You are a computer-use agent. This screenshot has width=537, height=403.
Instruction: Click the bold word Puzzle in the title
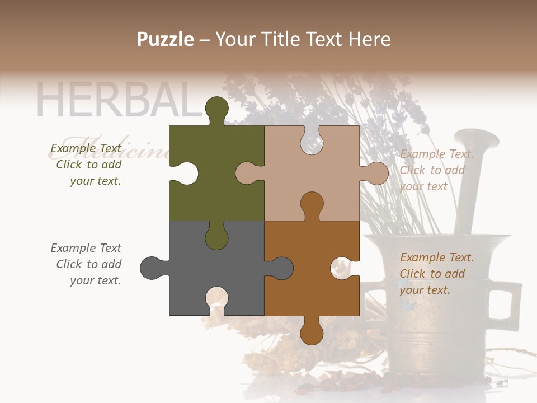click(x=166, y=39)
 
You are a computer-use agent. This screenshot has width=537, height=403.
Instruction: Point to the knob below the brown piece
click(x=312, y=331)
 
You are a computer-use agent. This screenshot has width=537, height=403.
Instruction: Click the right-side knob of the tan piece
click(x=376, y=173)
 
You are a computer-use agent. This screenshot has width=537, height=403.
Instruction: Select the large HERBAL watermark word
click(x=117, y=101)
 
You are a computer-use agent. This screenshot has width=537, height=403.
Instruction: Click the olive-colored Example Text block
click(x=87, y=165)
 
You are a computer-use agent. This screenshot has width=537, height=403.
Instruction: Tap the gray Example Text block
click(x=87, y=264)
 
